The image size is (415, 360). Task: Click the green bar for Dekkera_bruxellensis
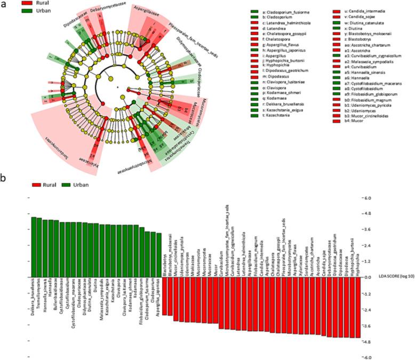[x=33, y=246]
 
